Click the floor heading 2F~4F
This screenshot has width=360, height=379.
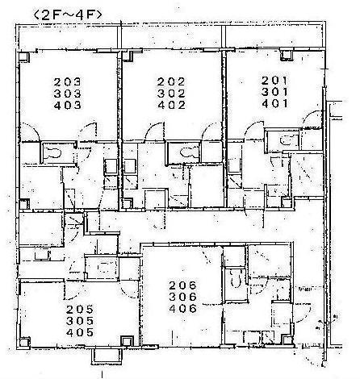pyautogui.click(x=68, y=15)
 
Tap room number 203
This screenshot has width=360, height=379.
pyautogui.click(x=67, y=81)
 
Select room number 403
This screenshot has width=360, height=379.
pyautogui.click(x=67, y=106)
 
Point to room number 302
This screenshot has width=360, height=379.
pyautogui.click(x=171, y=94)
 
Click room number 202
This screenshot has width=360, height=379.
pyautogui.click(x=171, y=81)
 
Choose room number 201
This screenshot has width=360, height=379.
pyautogui.click(x=274, y=80)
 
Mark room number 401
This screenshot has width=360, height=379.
pyautogui.click(x=274, y=103)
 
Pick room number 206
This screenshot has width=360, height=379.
pyautogui.click(x=183, y=285)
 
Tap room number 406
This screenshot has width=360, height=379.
pyautogui.click(x=183, y=309)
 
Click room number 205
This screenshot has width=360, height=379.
pyautogui.click(x=80, y=310)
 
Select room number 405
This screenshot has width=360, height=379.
pyautogui.click(x=80, y=333)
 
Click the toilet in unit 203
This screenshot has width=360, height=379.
pyautogui.click(x=52, y=153)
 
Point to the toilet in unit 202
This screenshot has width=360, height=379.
pyautogui.click(x=186, y=152)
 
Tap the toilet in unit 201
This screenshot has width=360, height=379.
pyautogui.click(x=285, y=140)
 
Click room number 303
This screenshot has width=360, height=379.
pyautogui.click(x=67, y=94)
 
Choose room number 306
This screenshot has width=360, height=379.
pyautogui.click(x=183, y=297)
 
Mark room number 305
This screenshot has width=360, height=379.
pyautogui.click(x=80, y=321)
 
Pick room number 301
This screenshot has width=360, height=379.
pyautogui.click(x=274, y=92)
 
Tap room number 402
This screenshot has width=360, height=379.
pyautogui.click(x=171, y=105)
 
